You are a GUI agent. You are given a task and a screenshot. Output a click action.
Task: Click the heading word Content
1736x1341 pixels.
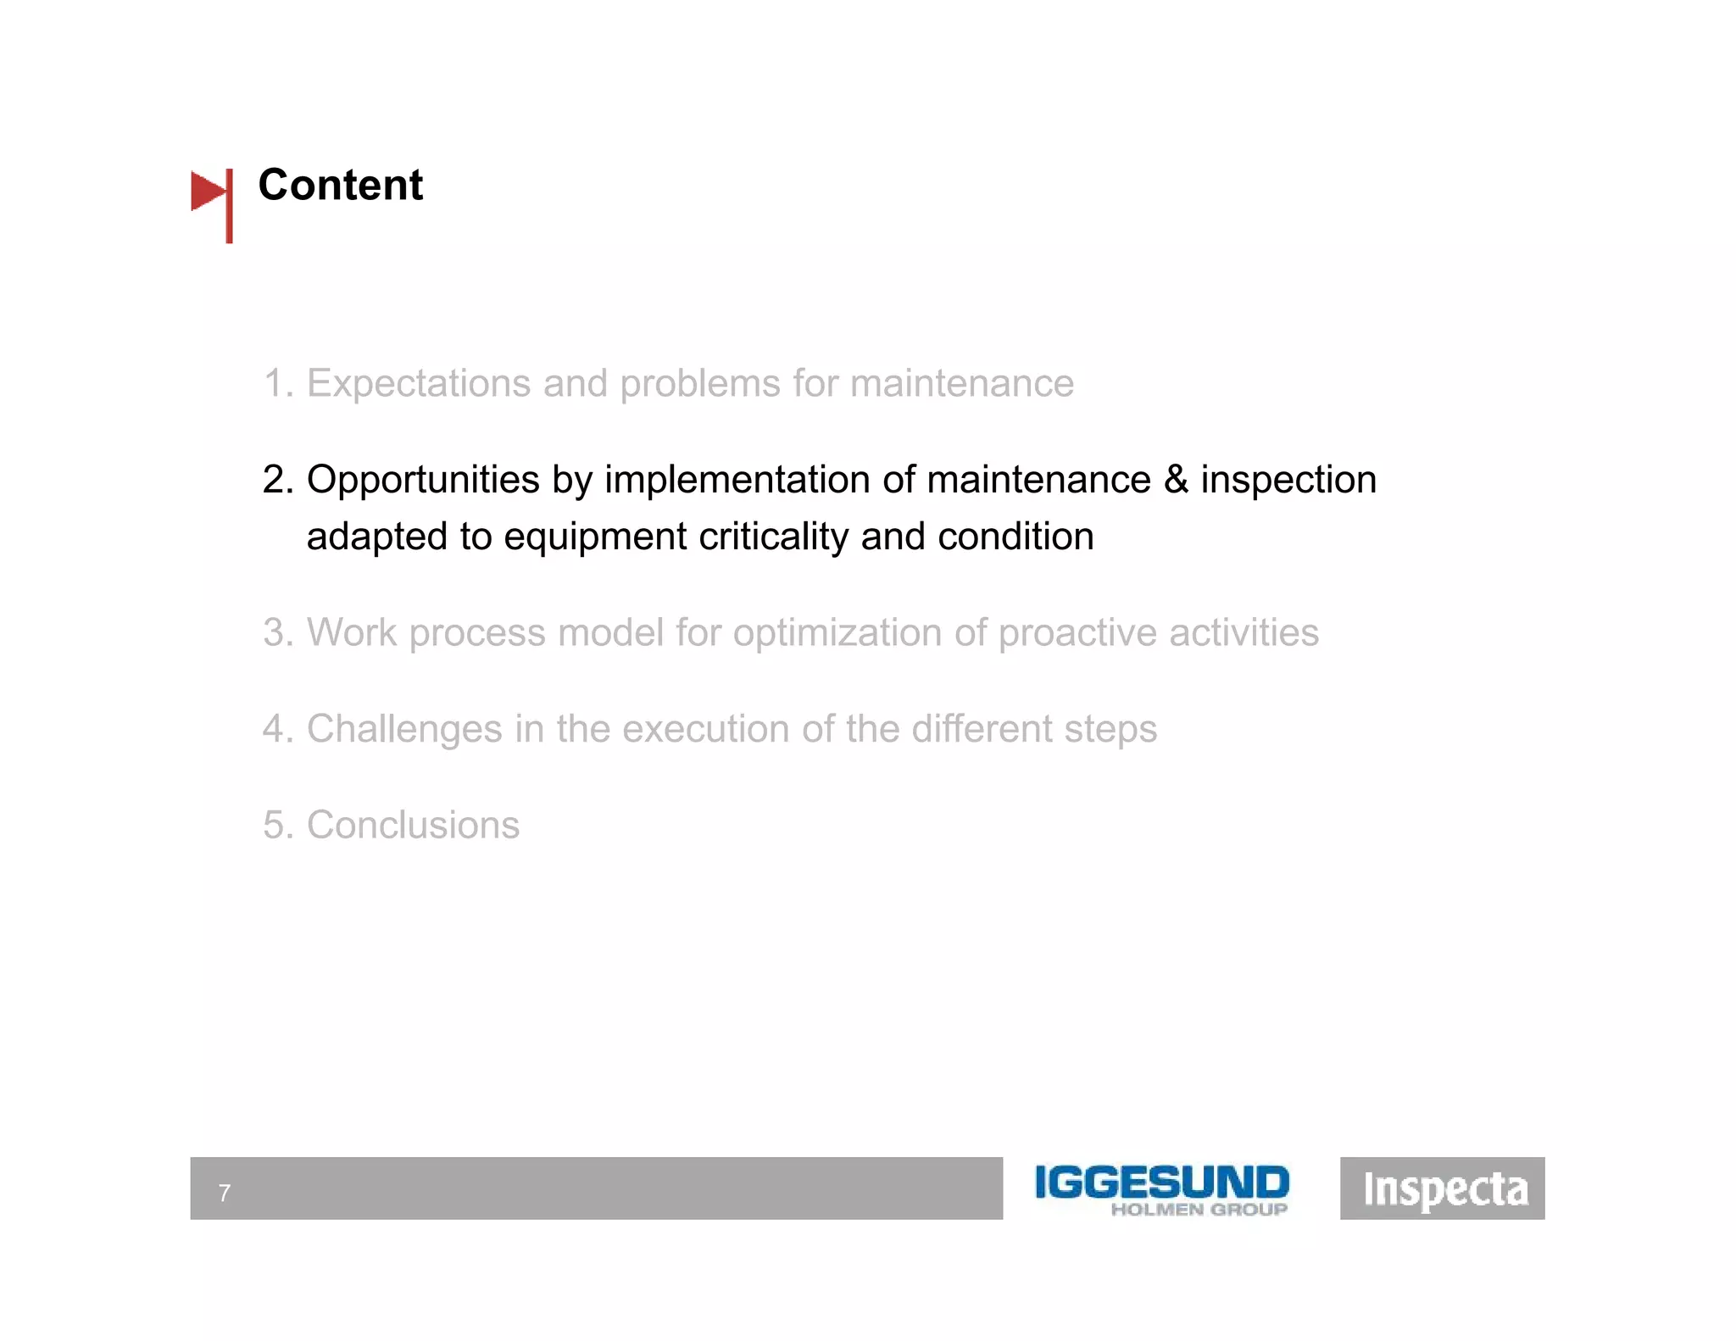click(340, 185)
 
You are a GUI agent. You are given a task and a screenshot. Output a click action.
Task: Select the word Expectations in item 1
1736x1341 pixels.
click(419, 384)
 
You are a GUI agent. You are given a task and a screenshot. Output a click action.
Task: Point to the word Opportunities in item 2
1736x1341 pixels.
click(423, 481)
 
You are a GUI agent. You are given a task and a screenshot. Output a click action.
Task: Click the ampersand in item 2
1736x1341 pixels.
click(1176, 480)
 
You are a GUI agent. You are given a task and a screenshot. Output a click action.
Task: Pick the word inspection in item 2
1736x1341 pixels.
click(1288, 481)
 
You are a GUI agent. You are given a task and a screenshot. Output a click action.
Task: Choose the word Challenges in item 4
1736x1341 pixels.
click(404, 730)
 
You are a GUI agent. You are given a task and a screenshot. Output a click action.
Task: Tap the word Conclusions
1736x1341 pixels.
click(413, 826)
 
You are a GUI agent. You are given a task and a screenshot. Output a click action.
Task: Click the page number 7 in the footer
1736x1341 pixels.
click(225, 1194)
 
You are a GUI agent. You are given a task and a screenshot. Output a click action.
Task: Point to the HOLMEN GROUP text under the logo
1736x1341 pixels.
click(1199, 1210)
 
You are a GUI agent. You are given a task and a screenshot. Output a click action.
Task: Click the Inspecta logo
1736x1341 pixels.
click(1442, 1188)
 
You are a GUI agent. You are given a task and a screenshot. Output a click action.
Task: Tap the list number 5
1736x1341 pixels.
click(275, 826)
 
